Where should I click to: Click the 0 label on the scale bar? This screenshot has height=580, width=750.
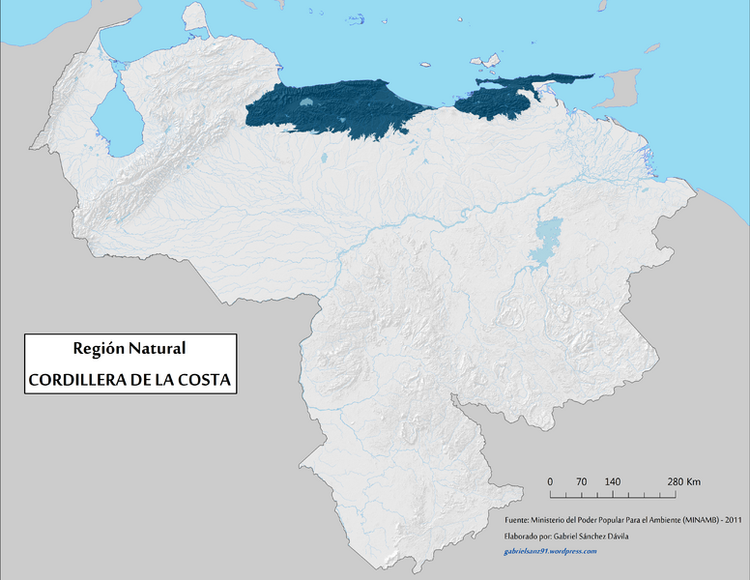[550, 481]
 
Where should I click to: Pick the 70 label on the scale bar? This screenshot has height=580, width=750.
[581, 481]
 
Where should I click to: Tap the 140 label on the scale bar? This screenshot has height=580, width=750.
[612, 481]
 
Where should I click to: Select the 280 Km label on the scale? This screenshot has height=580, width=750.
[683, 481]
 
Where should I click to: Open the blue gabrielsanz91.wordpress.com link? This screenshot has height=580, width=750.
[550, 551]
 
